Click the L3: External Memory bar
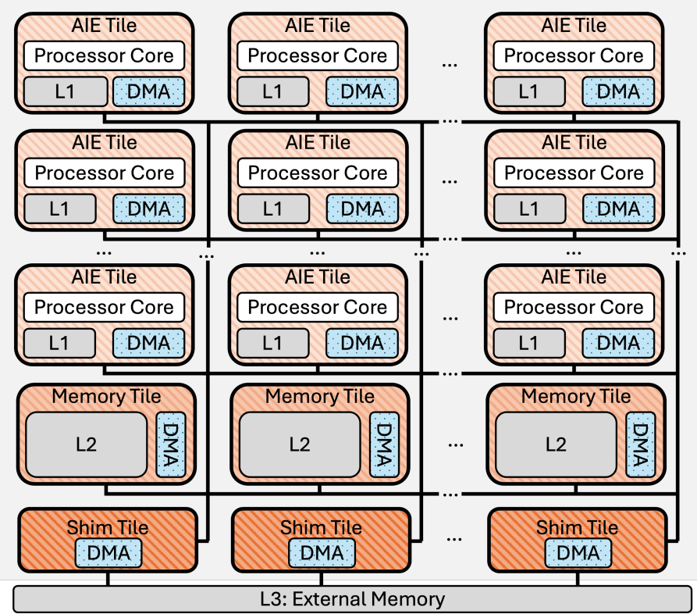[x=352, y=599]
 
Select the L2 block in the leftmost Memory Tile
[x=87, y=444]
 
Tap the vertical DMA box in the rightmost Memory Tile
[x=640, y=443]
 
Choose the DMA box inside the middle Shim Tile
[x=322, y=554]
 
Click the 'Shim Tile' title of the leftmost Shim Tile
[x=106, y=527]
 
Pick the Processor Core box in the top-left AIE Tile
[x=105, y=56]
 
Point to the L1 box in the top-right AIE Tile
[x=528, y=92]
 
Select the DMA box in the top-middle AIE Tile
[x=362, y=92]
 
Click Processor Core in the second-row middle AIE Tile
[x=318, y=173]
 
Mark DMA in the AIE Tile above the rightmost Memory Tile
[x=618, y=343]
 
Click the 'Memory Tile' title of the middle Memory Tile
[x=320, y=396]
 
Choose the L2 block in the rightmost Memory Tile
[x=556, y=444]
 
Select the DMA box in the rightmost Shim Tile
[x=578, y=554]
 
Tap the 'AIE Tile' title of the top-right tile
[x=574, y=26]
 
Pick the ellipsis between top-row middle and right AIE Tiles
[x=449, y=64]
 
